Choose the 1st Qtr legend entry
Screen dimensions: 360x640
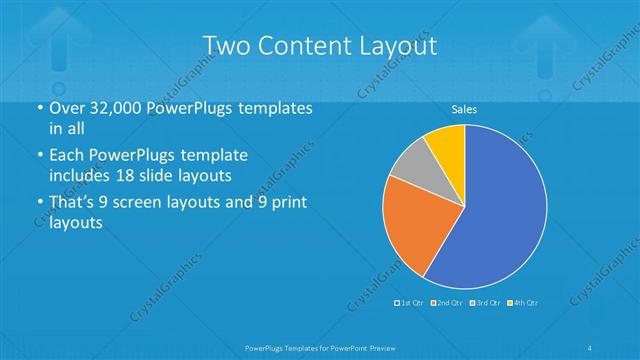409,301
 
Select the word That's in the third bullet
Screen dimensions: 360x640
72,205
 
